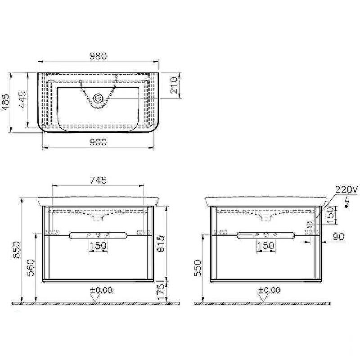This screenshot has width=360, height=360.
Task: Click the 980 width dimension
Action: (x=98, y=56)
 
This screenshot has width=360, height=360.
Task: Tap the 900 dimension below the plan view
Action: (x=98, y=142)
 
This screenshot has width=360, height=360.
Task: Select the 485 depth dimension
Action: (x=6, y=102)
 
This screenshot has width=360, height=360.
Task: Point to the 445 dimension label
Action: (x=23, y=99)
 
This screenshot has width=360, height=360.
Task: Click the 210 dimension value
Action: (x=174, y=85)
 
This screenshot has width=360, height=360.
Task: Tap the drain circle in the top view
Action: (x=98, y=99)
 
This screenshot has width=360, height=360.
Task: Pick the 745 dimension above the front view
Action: (x=98, y=180)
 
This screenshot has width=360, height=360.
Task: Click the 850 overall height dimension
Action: (x=17, y=250)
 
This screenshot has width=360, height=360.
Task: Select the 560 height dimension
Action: (x=31, y=268)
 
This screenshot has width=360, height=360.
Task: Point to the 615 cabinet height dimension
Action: (x=161, y=243)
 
